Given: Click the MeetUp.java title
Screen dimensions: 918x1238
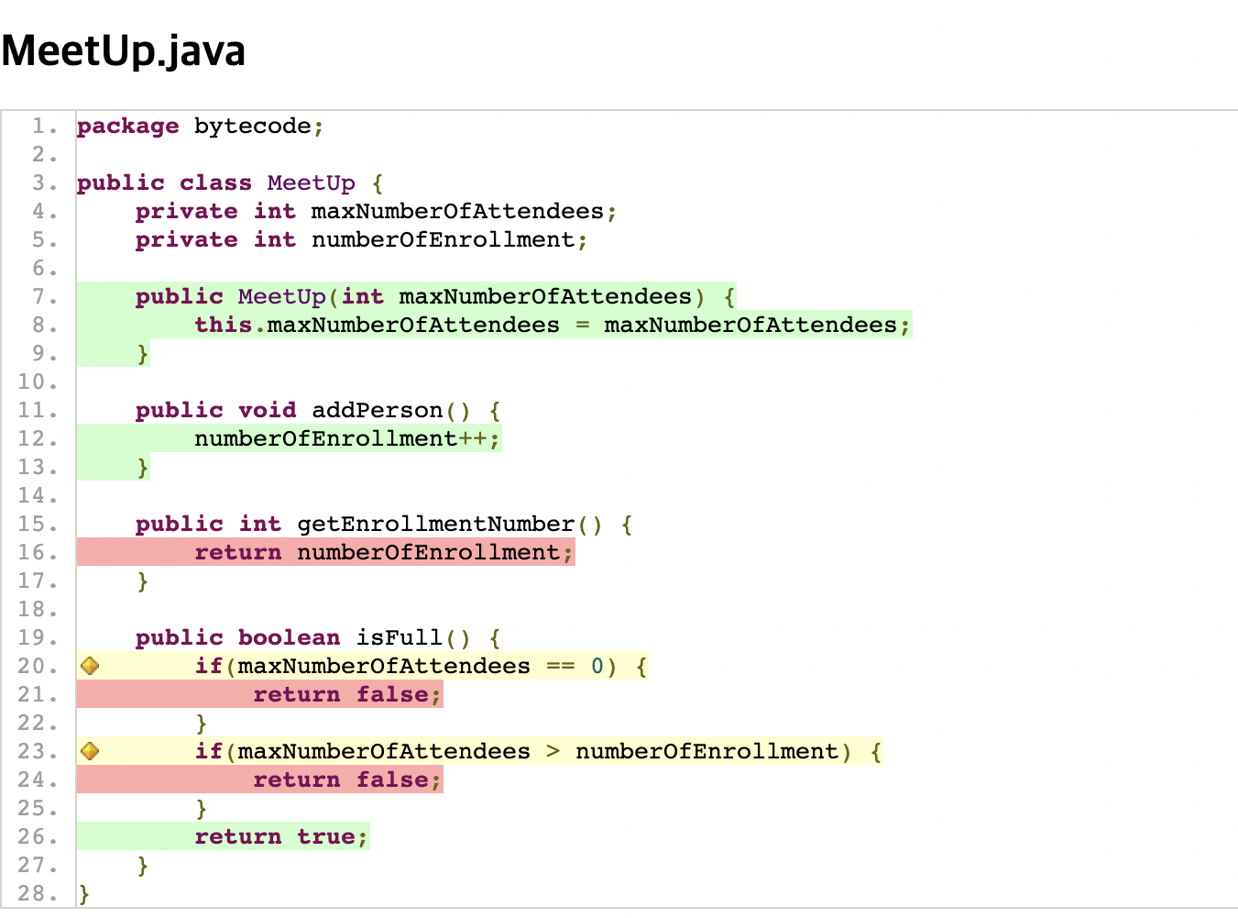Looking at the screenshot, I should tap(124, 51).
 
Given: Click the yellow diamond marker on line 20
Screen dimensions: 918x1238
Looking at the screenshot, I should tap(90, 666).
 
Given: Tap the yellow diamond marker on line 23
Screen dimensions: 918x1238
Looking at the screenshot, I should tap(90, 751).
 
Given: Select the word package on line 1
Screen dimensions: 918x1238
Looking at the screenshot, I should tap(127, 126).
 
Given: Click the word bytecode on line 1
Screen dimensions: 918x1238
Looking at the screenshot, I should tap(252, 126).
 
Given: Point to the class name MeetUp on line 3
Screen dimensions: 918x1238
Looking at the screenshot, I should tap(311, 182).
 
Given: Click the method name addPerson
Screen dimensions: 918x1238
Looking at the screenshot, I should tap(377, 410).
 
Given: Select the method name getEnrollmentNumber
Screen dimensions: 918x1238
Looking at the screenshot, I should tap(435, 524).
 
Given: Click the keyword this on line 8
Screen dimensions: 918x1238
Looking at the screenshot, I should tap(223, 325).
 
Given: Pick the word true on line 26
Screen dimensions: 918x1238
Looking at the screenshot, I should tap(325, 836).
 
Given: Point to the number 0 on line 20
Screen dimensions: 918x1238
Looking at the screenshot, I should tap(597, 666).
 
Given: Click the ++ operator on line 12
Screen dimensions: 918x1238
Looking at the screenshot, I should tap(472, 438).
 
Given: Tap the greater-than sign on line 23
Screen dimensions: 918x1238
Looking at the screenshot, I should tap(553, 751).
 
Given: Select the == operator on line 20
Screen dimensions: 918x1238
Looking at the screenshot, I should tap(560, 666).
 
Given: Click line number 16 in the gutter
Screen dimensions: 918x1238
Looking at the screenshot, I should tap(37, 552).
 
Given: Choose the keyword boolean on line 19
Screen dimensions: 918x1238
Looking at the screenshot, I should tap(289, 637).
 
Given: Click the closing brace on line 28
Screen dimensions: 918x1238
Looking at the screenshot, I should tap(84, 893).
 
